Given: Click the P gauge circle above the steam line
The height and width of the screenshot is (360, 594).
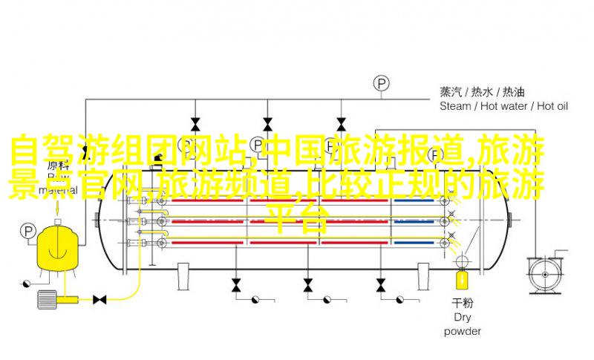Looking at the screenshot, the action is click(382, 84).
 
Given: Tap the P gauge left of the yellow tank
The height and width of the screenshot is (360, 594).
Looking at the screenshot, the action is click(27, 231).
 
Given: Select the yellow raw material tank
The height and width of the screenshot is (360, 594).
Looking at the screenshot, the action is click(58, 249).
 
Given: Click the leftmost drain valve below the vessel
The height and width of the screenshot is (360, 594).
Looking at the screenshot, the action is click(236, 285).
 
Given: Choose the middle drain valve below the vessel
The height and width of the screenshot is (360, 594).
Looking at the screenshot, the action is click(308, 285).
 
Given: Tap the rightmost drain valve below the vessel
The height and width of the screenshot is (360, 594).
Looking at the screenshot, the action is click(381, 285).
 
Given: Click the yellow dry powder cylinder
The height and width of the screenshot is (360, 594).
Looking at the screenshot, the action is click(462, 280).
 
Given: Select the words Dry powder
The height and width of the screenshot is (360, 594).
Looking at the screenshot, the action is click(462, 324).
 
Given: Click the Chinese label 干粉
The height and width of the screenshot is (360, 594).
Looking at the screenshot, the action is click(463, 303).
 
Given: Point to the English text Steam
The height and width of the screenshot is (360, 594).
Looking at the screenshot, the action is click(455, 106).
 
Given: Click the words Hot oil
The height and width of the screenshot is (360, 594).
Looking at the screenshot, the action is click(552, 106).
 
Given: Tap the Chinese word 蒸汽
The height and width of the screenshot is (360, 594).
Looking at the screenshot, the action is click(451, 92).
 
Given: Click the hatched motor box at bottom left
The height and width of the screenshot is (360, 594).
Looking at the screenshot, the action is click(47, 299).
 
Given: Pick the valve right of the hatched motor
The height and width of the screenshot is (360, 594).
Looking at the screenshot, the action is click(99, 300).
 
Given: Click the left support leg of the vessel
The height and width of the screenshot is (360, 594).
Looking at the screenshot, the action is click(183, 276).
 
